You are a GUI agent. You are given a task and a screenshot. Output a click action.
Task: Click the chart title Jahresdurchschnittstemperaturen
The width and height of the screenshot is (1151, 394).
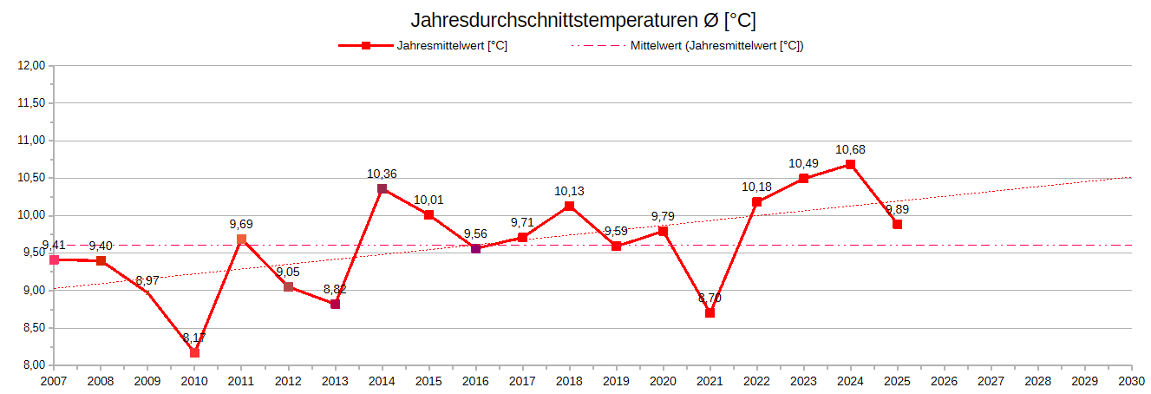(577, 20)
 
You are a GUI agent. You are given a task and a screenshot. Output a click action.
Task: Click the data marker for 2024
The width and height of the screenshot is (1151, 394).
(850, 164)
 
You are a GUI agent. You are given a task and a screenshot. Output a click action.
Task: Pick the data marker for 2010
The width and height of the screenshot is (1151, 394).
(194, 352)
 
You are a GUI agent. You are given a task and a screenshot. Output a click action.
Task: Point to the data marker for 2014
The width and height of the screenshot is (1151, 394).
(382, 188)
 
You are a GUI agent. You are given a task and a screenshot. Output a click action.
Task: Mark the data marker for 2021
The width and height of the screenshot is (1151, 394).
(710, 312)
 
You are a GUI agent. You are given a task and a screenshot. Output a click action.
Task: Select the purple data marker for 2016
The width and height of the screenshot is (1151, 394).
(475, 248)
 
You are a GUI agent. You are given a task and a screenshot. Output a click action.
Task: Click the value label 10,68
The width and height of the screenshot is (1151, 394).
(850, 150)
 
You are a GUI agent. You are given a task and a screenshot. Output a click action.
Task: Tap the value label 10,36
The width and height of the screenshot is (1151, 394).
(382, 174)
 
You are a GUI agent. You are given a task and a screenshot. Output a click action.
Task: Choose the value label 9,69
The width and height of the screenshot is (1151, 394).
(241, 225)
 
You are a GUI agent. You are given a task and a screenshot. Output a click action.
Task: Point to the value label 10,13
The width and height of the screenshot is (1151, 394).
(569, 192)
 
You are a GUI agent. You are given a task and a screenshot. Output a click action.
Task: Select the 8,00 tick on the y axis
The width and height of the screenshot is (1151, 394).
(32, 365)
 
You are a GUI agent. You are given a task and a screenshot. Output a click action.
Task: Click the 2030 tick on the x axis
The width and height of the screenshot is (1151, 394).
(1131, 381)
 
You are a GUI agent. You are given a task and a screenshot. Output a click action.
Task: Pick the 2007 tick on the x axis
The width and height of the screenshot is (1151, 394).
(54, 381)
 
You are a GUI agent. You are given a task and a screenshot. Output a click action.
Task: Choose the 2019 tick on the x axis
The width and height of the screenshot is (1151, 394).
(616, 381)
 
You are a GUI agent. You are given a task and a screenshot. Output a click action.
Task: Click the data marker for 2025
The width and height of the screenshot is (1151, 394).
(897, 224)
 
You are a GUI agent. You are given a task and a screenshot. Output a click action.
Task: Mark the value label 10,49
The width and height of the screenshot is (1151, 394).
(803, 164)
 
